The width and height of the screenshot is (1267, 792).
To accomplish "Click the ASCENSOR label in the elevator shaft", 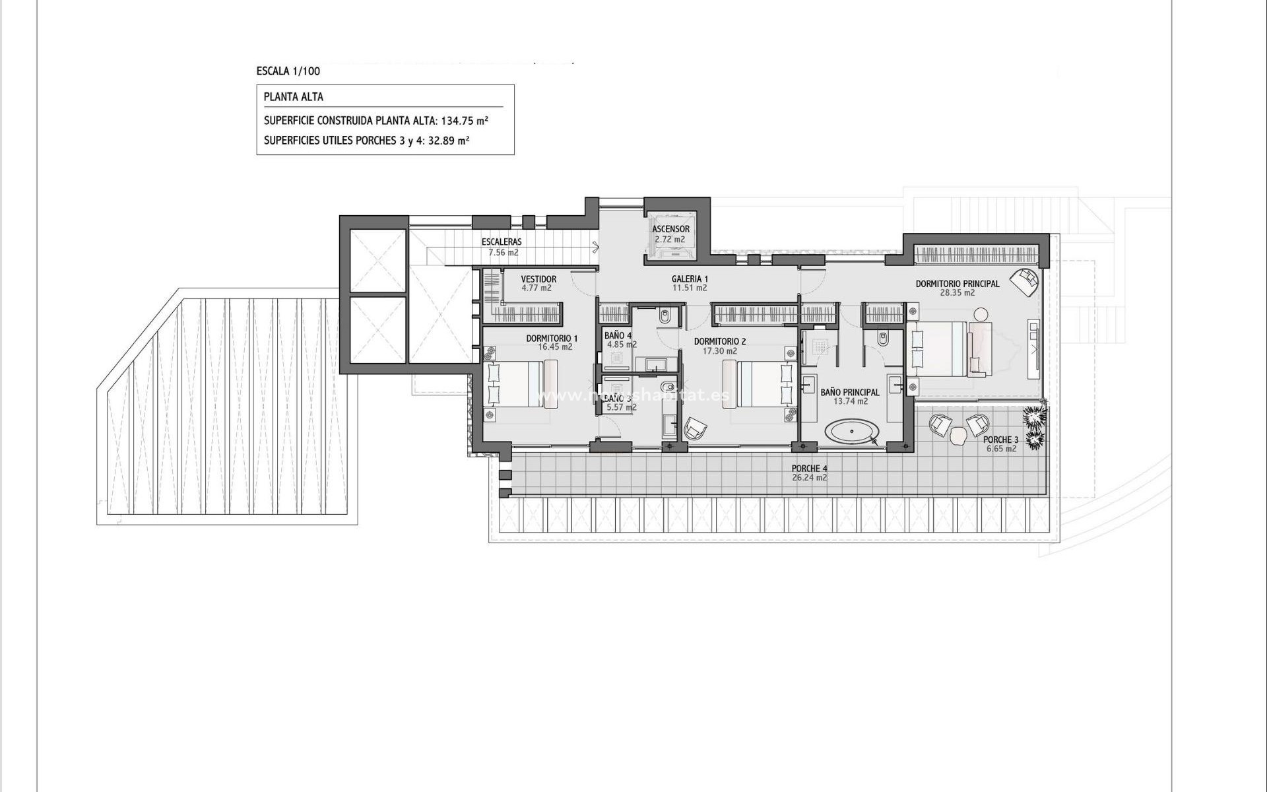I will (670, 229).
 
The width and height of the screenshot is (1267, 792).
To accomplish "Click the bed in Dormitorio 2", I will (759, 383).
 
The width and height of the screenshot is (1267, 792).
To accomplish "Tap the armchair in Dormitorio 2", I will (694, 430).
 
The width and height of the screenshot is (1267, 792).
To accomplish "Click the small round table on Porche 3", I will (958, 435).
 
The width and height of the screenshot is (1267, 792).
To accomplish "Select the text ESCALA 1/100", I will (288, 71).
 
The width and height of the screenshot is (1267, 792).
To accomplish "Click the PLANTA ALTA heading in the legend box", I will (294, 97).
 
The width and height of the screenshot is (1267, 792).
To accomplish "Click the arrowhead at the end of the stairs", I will (596, 248).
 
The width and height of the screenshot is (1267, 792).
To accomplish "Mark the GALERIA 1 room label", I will (690, 279).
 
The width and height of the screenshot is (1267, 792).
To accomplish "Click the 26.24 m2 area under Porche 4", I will (809, 478).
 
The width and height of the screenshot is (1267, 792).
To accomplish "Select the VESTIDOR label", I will (538, 279).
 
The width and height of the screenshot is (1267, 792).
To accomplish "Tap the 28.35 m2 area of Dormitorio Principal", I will (958, 292).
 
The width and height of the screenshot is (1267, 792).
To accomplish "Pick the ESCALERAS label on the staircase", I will (502, 242).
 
